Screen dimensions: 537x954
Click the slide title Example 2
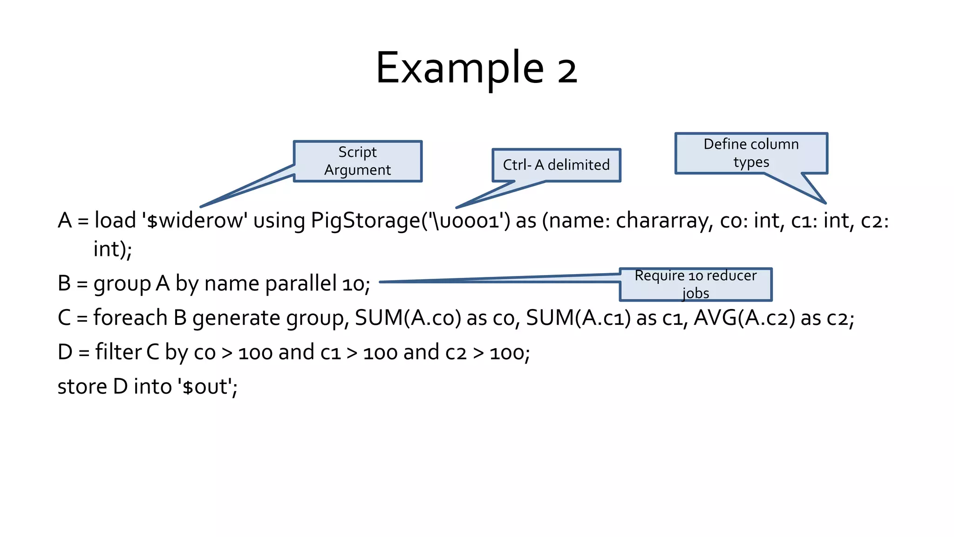[476, 69]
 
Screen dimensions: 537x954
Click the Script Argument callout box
[357, 161]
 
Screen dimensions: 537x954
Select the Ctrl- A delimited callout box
[556, 165]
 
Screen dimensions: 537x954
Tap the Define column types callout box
[751, 153]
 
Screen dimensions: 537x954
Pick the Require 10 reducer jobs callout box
[695, 284]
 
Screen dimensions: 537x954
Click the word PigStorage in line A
[365, 220]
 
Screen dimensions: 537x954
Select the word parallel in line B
[301, 283]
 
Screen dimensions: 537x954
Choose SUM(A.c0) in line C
[408, 318]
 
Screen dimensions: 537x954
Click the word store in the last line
[82, 386]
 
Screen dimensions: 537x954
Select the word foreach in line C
[130, 318]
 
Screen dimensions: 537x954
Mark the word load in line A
[115, 220]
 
